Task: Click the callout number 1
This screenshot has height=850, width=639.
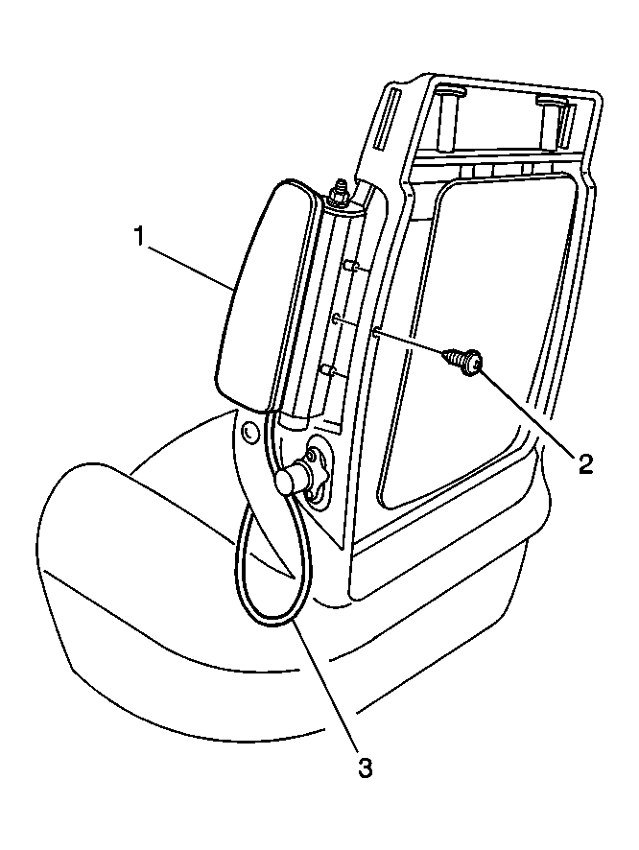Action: pyautogui.click(x=139, y=237)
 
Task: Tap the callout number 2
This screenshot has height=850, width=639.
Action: pyautogui.click(x=585, y=463)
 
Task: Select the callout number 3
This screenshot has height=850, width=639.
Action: pyautogui.click(x=365, y=767)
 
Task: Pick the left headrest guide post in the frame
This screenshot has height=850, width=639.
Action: pyautogui.click(x=448, y=120)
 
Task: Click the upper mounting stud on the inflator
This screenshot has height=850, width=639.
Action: pyautogui.click(x=350, y=266)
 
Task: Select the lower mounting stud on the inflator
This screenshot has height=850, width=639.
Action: pyautogui.click(x=327, y=370)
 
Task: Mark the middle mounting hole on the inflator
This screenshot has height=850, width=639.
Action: pyautogui.click(x=336, y=319)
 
